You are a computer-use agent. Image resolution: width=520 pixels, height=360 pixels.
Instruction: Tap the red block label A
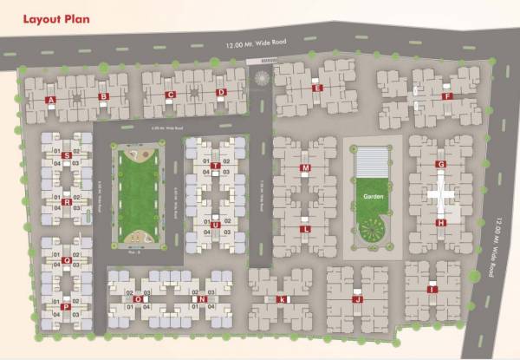point(52,100)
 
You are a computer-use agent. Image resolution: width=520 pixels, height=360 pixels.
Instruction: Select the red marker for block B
point(103,97)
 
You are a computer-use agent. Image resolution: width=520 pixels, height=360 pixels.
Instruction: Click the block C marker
point(171,95)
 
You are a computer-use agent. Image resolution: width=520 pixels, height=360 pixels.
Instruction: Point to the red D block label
point(221,93)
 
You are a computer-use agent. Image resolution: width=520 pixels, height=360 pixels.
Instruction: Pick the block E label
point(318,88)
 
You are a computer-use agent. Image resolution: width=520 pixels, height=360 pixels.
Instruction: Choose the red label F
point(446,96)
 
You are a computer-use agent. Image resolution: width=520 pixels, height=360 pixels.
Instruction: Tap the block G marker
point(440,164)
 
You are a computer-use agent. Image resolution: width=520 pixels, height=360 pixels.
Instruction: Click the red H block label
point(440,223)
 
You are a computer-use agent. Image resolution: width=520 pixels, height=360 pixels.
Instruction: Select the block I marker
point(432,290)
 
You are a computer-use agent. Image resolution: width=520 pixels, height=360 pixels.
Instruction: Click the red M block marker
point(305,167)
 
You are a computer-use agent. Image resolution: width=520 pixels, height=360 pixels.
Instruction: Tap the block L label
point(305,229)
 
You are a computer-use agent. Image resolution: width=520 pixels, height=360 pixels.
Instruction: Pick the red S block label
point(67,155)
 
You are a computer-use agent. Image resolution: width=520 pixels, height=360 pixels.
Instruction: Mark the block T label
point(214,165)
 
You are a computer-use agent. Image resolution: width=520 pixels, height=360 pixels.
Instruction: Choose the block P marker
point(67,306)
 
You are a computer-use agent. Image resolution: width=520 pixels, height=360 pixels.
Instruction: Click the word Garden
point(374,197)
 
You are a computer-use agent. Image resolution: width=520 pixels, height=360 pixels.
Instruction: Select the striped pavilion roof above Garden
point(374,160)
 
